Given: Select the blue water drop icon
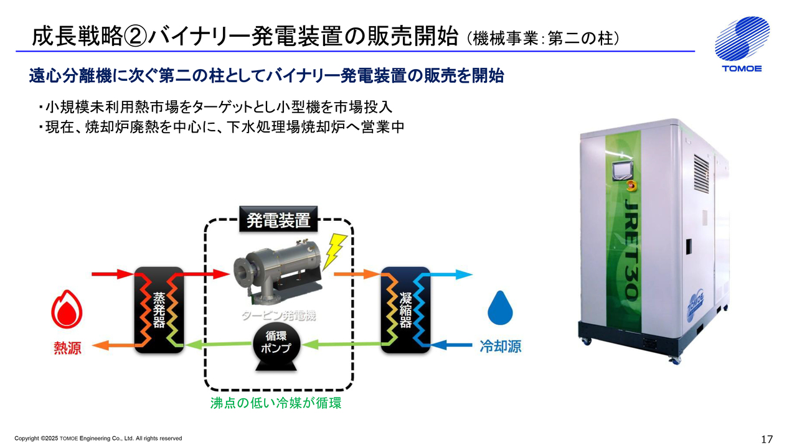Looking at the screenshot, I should pos(499,308).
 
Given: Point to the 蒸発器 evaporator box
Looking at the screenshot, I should pos(159,309).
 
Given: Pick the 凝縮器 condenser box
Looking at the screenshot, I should pos(405,309).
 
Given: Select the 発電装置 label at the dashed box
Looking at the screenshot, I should pos(278,221).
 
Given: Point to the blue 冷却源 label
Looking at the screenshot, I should pos(500,347).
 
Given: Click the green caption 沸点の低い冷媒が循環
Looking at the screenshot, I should pos(276,403).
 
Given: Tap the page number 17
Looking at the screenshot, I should pos(766,439).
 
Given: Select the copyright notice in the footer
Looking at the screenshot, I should pos(98,439).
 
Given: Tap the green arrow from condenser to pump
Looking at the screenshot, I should pos(346,343).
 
